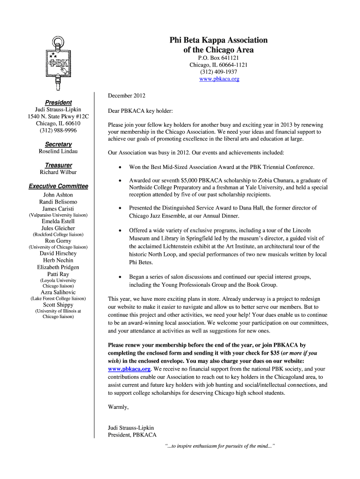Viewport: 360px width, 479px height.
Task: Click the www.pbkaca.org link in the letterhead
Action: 219,79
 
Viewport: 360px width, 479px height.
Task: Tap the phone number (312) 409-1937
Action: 219,72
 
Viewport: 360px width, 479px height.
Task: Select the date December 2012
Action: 127,96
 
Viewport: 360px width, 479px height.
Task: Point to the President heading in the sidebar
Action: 58,102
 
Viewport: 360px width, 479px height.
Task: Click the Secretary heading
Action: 58,144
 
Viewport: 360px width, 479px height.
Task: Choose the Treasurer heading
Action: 58,165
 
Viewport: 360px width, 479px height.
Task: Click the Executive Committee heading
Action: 58,186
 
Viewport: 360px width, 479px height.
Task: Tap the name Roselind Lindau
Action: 58,152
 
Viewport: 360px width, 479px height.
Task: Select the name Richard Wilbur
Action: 58,172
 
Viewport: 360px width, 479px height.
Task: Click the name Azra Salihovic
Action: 58,292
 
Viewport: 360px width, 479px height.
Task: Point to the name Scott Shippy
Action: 58,305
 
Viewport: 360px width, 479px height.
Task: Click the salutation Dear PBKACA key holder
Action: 140,111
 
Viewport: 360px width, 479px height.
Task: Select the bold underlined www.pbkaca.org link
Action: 130,369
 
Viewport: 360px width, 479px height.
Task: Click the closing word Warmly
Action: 118,407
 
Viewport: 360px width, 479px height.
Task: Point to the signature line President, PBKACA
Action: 132,435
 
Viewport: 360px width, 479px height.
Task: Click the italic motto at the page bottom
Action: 220,446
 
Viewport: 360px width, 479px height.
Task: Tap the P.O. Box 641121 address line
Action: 219,58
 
